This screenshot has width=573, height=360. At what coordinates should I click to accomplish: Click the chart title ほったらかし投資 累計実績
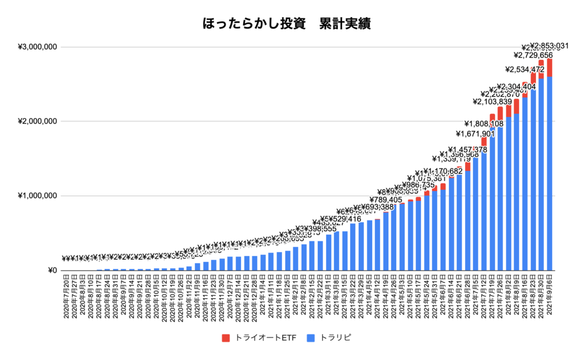(286, 24)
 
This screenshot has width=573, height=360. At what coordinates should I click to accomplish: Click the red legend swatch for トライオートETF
(226, 338)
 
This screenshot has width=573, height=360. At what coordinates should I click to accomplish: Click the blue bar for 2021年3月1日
(329, 253)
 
